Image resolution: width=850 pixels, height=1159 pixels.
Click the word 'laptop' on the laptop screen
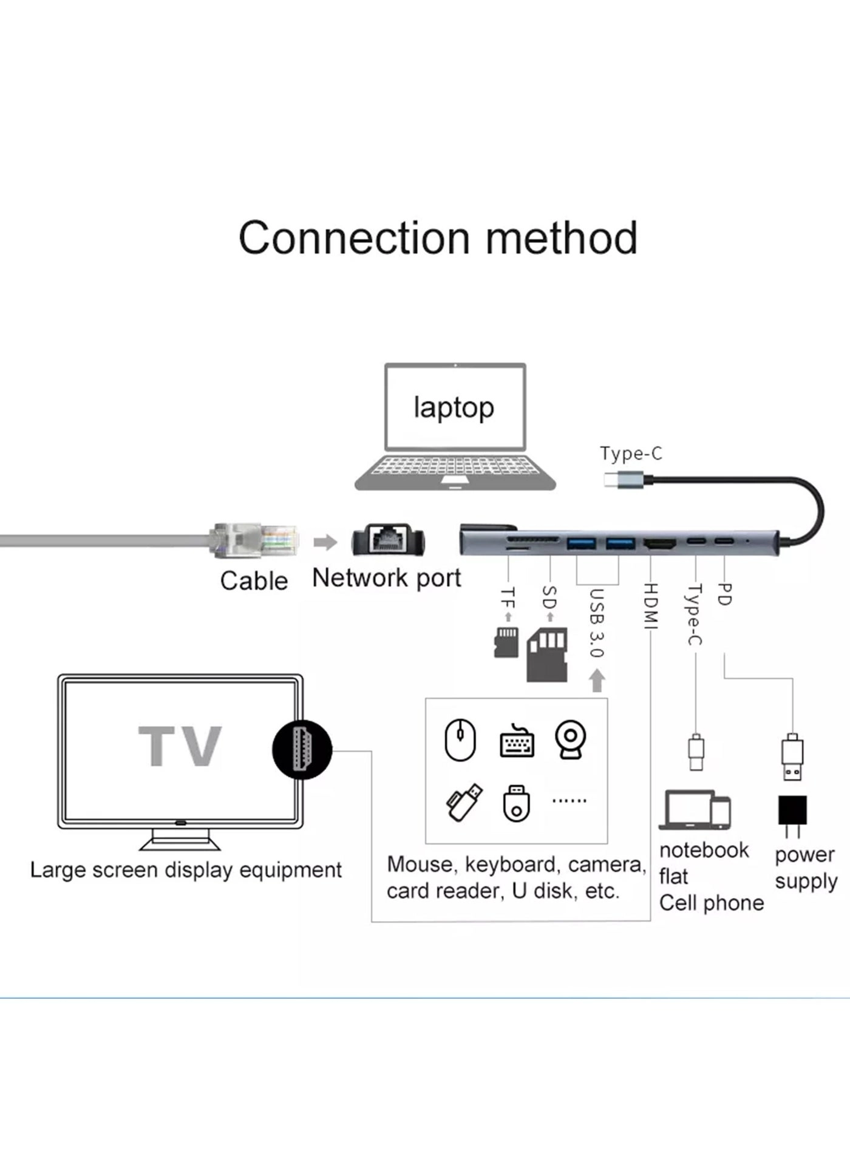coord(454,407)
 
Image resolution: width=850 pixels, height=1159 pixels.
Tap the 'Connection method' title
coord(438,237)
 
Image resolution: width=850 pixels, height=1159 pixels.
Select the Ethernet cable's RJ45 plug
coord(255,540)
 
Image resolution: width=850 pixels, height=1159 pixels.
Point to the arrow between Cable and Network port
coord(325,542)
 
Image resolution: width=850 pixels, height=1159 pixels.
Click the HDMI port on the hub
coord(660,544)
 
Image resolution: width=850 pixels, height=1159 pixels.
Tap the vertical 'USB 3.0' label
coord(596,623)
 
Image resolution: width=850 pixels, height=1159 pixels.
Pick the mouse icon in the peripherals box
coord(460,740)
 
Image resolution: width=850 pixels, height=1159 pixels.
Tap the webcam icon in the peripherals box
coord(571,739)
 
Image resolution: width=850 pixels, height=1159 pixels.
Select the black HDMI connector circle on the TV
coord(302,750)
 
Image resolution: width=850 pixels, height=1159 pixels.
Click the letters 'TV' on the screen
coord(180,746)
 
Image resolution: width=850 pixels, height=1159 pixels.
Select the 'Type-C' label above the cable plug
coord(631,454)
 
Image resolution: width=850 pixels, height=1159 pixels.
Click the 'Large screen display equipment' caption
coord(186,870)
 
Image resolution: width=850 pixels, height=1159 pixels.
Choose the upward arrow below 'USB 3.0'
coord(597,680)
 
